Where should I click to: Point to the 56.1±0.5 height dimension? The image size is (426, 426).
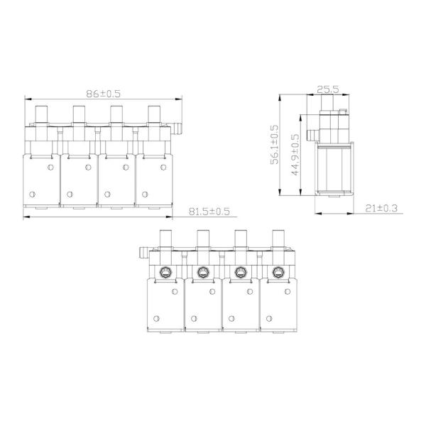274,146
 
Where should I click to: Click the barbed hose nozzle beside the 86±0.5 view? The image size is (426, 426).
177,129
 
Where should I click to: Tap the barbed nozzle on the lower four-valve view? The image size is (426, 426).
141,251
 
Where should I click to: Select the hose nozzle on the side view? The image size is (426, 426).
310,133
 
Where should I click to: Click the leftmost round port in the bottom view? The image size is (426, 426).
165,271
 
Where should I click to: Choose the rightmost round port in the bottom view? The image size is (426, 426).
278,271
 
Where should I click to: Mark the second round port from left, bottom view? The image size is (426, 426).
203,271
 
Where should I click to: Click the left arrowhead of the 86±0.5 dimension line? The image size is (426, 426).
26,99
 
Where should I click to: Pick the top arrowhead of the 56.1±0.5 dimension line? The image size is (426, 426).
282,100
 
